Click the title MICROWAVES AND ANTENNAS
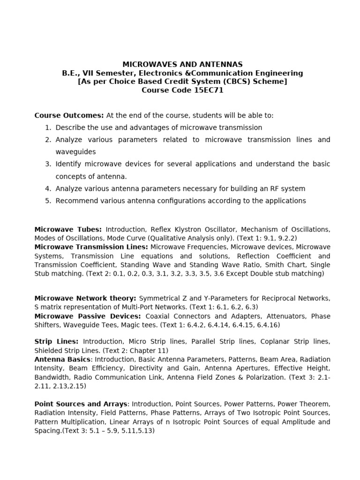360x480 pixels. [182, 64]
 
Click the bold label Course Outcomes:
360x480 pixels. [69, 115]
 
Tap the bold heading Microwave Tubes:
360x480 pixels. [68, 229]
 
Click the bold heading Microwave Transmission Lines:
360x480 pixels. [91, 247]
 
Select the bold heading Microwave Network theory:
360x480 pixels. [85, 298]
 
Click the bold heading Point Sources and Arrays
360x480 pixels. [81, 404]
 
